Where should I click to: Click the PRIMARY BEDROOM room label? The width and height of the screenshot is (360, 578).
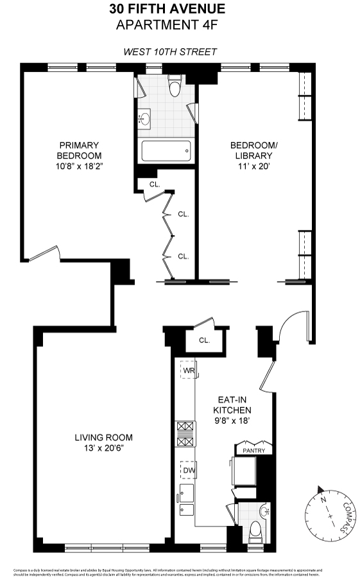tap(79, 150)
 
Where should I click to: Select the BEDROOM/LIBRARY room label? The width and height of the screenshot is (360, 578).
tap(254, 150)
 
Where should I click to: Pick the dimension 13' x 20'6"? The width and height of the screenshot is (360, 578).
tap(103, 448)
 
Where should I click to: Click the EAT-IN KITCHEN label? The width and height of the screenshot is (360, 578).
tap(232, 405)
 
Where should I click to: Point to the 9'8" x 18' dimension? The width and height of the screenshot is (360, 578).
tap(232, 421)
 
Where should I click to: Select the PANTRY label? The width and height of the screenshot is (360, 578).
tap(253, 451)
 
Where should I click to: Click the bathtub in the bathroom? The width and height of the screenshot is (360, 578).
tap(166, 152)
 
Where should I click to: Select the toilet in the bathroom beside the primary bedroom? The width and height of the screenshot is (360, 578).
tap(174, 87)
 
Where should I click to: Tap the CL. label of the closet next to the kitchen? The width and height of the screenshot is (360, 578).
tap(205, 340)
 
